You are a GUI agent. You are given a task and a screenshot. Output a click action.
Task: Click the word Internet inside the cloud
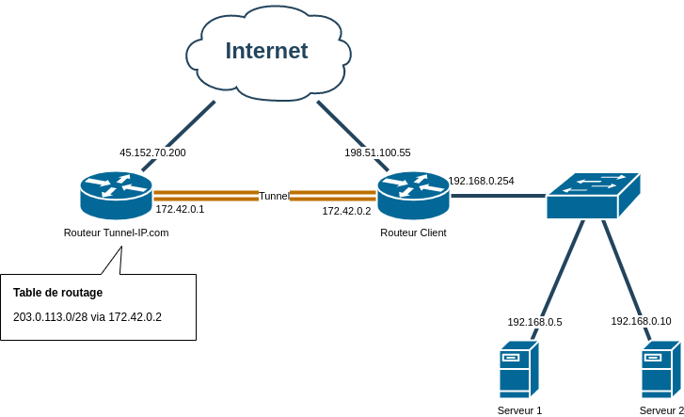pyautogui.click(x=266, y=51)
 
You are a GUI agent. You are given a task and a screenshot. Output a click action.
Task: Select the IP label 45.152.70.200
pyautogui.click(x=152, y=152)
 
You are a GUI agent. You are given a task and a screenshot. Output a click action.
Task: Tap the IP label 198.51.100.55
pyautogui.click(x=377, y=152)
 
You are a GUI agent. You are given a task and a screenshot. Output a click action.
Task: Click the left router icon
pyautogui.click(x=116, y=195)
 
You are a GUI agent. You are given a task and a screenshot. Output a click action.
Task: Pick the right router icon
pyautogui.click(x=413, y=195)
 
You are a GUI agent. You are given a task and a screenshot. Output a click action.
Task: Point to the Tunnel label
pyautogui.click(x=274, y=196)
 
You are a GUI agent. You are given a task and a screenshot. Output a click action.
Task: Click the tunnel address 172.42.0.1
pyautogui.click(x=180, y=210)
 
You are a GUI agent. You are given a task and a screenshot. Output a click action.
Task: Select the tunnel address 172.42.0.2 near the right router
pyautogui.click(x=346, y=212)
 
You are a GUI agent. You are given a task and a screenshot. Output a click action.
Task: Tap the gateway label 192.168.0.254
pyautogui.click(x=481, y=181)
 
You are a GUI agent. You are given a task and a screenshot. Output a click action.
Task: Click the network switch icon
pyautogui.click(x=592, y=196)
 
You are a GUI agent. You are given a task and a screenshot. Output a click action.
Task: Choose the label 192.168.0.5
pyautogui.click(x=534, y=322)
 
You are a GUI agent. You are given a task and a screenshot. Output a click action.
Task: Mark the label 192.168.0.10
pyautogui.click(x=641, y=321)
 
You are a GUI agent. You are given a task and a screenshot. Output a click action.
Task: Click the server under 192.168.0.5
pyautogui.click(x=519, y=369)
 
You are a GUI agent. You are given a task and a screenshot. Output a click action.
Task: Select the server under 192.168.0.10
pyautogui.click(x=660, y=370)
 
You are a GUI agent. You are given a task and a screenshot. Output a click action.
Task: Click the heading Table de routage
pyautogui.click(x=57, y=293)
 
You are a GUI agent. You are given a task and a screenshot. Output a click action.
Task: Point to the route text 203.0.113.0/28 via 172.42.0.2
pyautogui.click(x=87, y=317)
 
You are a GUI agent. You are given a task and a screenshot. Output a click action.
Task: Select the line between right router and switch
pyautogui.click(x=499, y=196)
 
